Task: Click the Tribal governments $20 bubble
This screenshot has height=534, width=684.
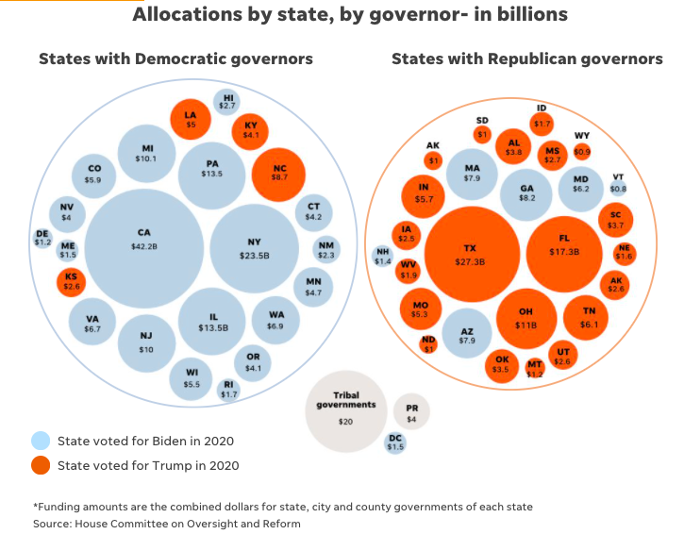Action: (x=346, y=412)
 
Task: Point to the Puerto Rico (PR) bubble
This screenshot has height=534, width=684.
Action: (x=411, y=413)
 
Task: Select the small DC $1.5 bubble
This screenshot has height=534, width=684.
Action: (x=395, y=442)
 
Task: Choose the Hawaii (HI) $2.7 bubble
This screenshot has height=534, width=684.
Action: (x=227, y=102)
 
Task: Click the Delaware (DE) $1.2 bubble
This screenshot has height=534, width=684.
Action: (x=42, y=238)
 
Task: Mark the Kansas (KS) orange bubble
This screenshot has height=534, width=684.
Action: (x=73, y=281)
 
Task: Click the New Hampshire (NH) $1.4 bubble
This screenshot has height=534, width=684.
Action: (x=383, y=256)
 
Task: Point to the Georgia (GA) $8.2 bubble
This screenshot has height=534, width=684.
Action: (x=526, y=192)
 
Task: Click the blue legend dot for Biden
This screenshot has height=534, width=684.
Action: (x=41, y=441)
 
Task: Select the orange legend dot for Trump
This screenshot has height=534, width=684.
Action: (x=41, y=464)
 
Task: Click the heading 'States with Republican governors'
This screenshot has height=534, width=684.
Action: (x=526, y=58)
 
